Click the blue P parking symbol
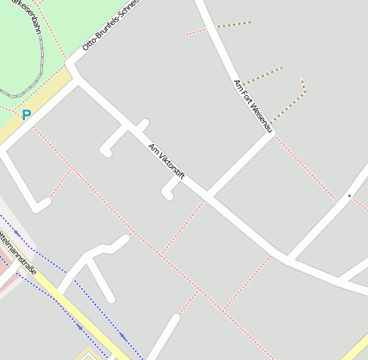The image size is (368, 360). click(x=27, y=114)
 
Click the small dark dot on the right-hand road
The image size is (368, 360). click(x=349, y=196)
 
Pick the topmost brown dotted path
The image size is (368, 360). click(x=233, y=25)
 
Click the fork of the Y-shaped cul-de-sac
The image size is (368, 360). click(x=91, y=255)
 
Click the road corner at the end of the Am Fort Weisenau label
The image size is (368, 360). click(x=274, y=134)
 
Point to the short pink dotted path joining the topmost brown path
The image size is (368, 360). click(x=196, y=32)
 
